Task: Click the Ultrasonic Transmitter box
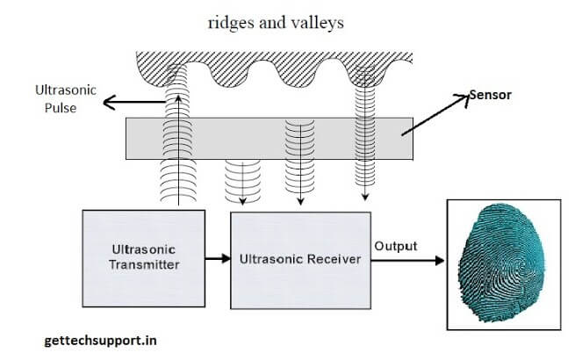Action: tap(142, 259)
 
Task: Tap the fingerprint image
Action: tap(504, 263)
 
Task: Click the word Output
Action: tap(397, 246)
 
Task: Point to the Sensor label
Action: tap(492, 94)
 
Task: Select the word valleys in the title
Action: tap(313, 23)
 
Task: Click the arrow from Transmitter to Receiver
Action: tap(217, 259)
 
